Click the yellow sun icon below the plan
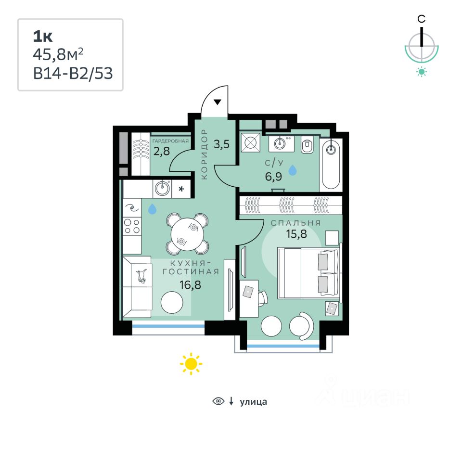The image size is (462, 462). [x=191, y=364]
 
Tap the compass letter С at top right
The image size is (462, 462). [x=422, y=19]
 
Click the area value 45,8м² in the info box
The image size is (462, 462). [x=61, y=54]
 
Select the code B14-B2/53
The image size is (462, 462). [x=73, y=73]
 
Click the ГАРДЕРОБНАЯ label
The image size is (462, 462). [x=170, y=141]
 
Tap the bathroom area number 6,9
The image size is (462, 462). [x=273, y=175]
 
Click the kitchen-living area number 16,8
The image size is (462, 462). [x=190, y=284]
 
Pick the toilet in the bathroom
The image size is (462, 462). [x=307, y=144]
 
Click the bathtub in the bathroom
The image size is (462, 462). [x=331, y=164]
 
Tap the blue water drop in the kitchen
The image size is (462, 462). [x=152, y=209]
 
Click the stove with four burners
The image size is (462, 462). [x=132, y=227]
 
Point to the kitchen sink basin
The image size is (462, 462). [x=162, y=188]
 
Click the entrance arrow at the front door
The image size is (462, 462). [x=218, y=102]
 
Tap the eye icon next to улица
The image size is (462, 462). [x=218, y=401]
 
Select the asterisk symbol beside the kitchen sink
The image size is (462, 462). [x=181, y=189]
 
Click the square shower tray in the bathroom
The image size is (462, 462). [x=251, y=143]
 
